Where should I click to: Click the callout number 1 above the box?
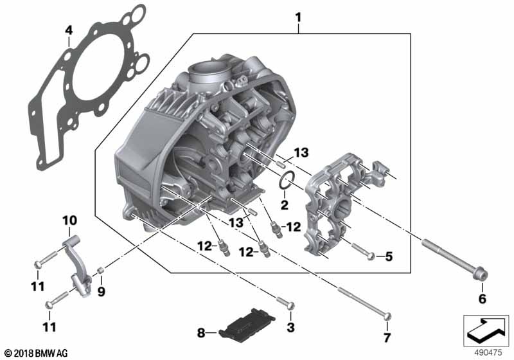298,17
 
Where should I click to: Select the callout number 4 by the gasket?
69,30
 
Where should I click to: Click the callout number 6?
483,299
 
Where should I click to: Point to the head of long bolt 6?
480,274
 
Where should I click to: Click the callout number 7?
387,337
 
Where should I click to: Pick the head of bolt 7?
387,316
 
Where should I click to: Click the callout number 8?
201,333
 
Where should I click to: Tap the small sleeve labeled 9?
101,271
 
